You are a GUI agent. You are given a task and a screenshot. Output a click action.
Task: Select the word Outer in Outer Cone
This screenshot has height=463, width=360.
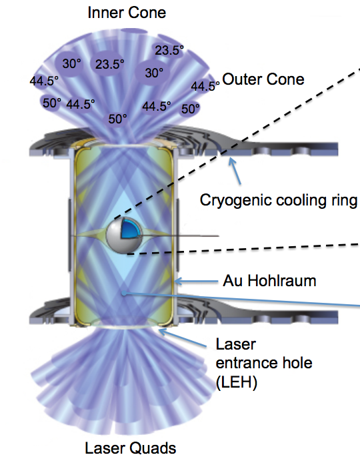(x=240, y=79)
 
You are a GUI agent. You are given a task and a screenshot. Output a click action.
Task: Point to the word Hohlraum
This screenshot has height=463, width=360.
(x=282, y=280)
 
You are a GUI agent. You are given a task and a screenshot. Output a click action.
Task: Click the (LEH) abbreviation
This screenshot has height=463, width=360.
(x=237, y=382)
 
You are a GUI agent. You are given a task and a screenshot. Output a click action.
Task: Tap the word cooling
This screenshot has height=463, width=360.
(x=299, y=201)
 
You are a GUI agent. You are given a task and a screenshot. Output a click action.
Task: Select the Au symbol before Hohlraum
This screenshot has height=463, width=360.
(x=233, y=281)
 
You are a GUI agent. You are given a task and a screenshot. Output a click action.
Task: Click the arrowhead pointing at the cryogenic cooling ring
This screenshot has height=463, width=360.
(x=232, y=161)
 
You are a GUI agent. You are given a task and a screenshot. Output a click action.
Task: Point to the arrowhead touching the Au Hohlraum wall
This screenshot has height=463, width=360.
(x=178, y=281)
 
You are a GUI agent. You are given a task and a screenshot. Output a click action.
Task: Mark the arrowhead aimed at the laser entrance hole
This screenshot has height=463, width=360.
(x=163, y=332)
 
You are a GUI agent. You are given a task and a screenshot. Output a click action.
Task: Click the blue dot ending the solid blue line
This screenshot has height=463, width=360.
(x=124, y=294)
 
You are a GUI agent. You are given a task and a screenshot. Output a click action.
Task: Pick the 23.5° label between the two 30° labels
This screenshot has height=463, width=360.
(x=109, y=64)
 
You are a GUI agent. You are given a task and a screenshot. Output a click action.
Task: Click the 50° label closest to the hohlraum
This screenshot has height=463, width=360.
(x=118, y=119)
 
